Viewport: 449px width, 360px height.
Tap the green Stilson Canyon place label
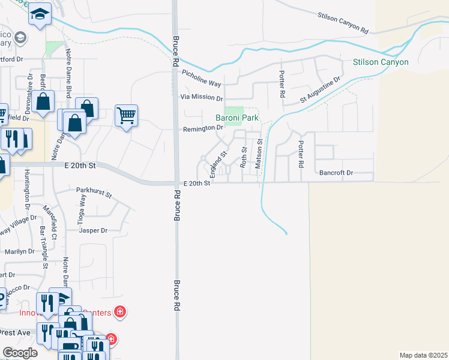[x=381, y=62]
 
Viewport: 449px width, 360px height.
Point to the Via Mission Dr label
[x=202, y=98]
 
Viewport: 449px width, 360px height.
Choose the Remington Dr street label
[x=203, y=128]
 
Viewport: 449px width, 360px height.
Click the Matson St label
[x=260, y=154]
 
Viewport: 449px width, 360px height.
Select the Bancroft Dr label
[x=336, y=173]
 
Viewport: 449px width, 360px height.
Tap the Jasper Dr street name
[x=93, y=230]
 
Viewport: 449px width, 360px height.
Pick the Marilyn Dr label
[x=20, y=251]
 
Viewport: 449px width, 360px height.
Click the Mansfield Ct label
[x=53, y=222]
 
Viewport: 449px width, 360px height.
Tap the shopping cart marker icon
[x=126, y=114]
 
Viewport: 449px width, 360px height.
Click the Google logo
[x=20, y=353]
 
